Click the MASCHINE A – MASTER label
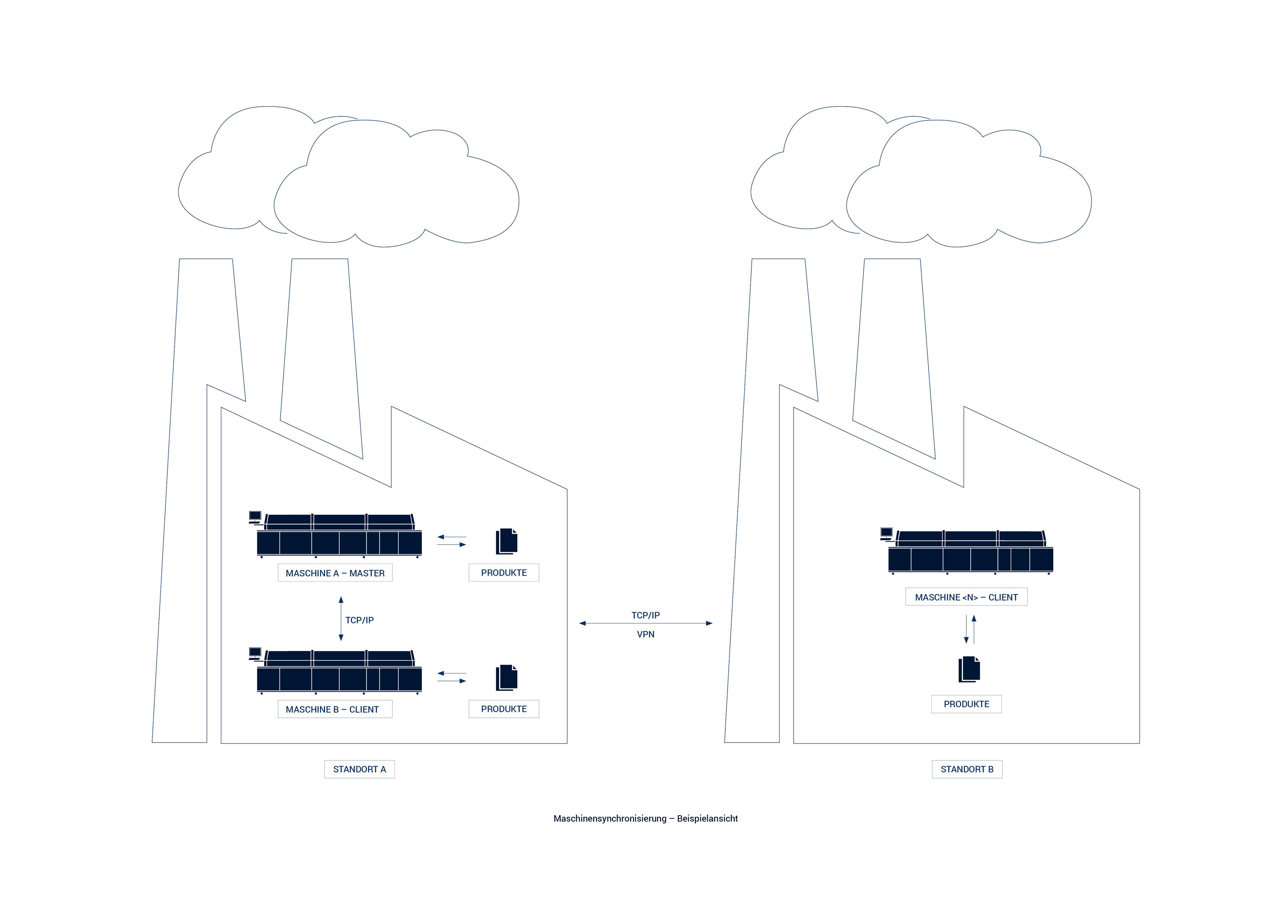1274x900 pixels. click(335, 573)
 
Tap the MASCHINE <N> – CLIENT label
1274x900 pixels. click(966, 597)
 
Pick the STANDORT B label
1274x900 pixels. click(967, 769)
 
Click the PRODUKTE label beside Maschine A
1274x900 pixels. click(503, 573)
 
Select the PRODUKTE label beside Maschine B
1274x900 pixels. click(503, 709)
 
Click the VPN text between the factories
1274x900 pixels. click(645, 634)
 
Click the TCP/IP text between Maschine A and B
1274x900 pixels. click(360, 620)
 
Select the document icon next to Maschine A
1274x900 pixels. click(506, 541)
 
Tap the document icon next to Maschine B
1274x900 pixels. click(506, 677)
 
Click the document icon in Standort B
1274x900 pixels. click(969, 669)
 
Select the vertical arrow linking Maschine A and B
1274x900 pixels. click(341, 618)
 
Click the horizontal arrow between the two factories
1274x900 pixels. click(645, 623)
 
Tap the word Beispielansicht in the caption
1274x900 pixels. click(707, 819)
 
